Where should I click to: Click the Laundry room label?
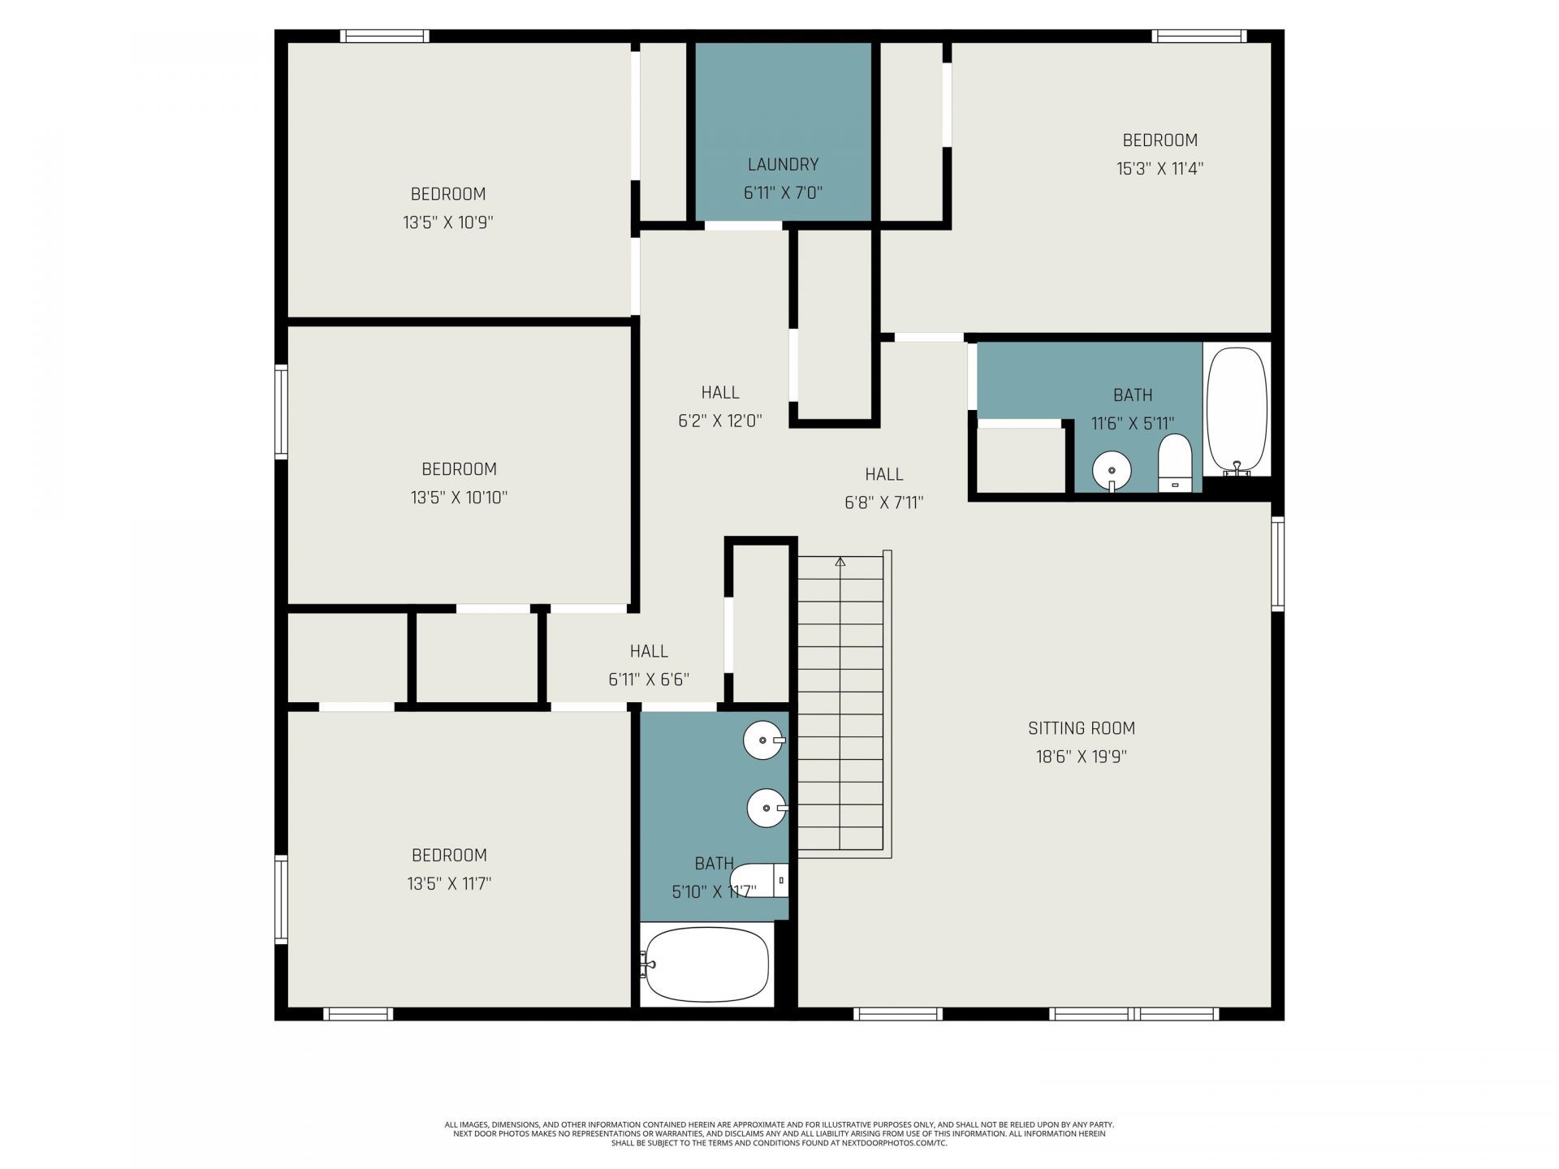(x=783, y=165)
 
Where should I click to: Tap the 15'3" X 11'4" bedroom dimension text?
(x=1160, y=169)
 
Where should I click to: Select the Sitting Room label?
(x=1081, y=728)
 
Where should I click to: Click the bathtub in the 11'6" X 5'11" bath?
(x=1237, y=410)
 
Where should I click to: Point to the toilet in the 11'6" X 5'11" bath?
(x=1174, y=464)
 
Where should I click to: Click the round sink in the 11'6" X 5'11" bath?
(x=1112, y=470)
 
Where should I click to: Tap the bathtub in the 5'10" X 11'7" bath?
(x=706, y=964)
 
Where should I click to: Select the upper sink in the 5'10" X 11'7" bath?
(x=764, y=740)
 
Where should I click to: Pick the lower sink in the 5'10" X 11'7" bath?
(x=767, y=808)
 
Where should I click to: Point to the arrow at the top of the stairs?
(x=840, y=562)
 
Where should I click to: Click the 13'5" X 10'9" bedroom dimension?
(x=448, y=222)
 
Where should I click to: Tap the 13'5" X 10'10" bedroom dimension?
(x=459, y=498)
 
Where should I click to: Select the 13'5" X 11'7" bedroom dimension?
(x=449, y=883)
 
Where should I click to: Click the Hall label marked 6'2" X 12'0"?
(x=720, y=393)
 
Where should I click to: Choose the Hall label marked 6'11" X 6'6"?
(x=649, y=651)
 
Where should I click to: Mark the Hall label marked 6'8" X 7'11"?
(x=883, y=474)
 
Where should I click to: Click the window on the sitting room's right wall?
(x=1277, y=564)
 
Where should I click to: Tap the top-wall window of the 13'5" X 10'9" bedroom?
(x=384, y=36)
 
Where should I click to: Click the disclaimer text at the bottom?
(x=779, y=1133)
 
